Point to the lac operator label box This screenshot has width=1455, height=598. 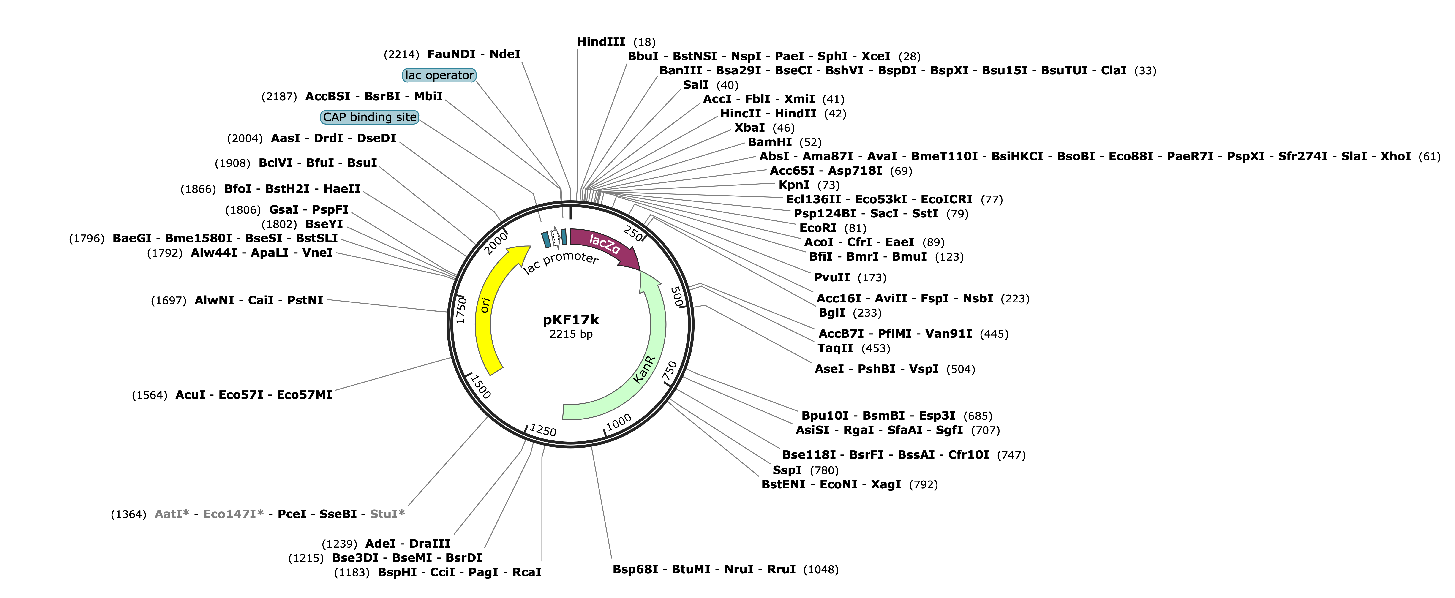[439, 75]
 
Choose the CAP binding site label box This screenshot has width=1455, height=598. [370, 117]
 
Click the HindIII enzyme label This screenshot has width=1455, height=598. [601, 42]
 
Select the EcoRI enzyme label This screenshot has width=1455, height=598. [818, 228]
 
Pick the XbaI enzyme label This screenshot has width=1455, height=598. [749, 128]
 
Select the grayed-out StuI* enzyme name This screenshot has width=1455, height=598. [387, 514]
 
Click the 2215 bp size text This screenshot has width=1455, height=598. [571, 334]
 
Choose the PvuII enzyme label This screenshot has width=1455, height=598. [831, 277]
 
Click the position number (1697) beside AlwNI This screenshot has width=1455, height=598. [168, 300]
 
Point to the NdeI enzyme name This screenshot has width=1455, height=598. [505, 54]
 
